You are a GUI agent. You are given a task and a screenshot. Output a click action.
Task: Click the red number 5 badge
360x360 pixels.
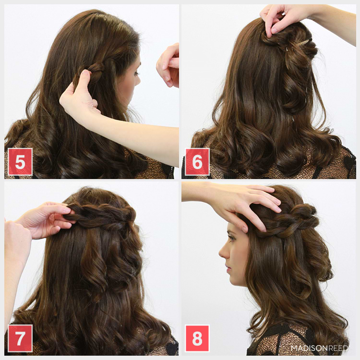click(20, 162)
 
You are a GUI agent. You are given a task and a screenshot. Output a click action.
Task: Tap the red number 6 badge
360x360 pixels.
click(197, 162)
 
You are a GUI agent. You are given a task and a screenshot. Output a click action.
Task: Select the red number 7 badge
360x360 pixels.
click(20, 338)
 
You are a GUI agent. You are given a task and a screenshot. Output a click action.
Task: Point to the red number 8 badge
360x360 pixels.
click(197, 338)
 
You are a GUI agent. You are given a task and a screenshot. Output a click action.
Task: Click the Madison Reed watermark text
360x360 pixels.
click(320, 348)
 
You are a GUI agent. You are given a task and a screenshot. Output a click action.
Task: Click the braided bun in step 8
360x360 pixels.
click(302, 216)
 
